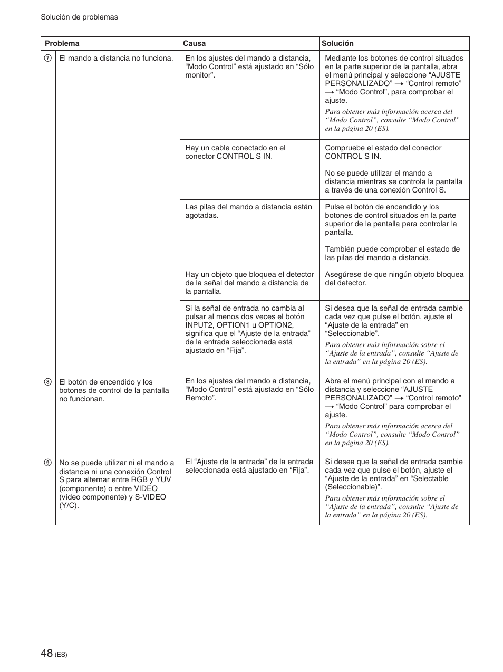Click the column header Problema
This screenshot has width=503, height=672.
(x=62, y=44)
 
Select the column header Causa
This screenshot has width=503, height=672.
(x=194, y=44)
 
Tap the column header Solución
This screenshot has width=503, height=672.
(x=337, y=44)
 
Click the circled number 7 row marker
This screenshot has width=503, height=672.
(x=47, y=59)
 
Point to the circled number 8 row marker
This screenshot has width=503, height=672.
(x=47, y=382)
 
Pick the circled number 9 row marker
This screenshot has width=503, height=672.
(x=47, y=463)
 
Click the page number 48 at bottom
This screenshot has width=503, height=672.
(x=47, y=654)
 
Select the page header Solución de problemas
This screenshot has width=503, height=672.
(x=79, y=17)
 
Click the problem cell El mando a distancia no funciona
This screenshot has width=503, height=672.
(x=116, y=59)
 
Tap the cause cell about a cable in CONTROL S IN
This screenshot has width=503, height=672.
(x=235, y=152)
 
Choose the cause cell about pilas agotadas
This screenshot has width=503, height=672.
(x=248, y=212)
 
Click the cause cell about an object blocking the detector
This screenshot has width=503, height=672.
(x=249, y=283)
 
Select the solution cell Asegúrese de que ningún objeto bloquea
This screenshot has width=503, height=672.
(x=394, y=279)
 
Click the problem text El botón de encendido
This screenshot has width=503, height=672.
(x=105, y=382)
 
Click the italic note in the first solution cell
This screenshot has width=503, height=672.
(x=392, y=120)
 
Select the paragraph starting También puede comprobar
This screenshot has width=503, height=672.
(x=392, y=254)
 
